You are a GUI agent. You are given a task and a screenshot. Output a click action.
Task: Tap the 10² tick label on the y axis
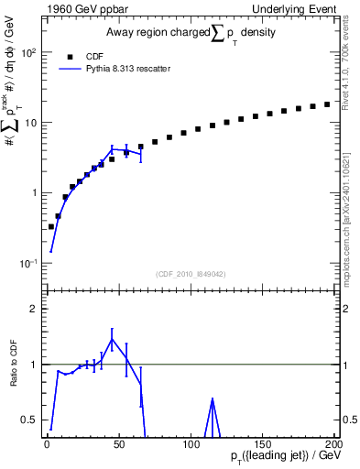point(29,52)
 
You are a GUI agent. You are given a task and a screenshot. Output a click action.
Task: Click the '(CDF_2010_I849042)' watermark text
point(189,273)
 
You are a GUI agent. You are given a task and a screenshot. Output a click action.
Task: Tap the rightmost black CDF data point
point(327,104)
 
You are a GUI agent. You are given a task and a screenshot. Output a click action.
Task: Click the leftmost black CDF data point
point(50,226)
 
